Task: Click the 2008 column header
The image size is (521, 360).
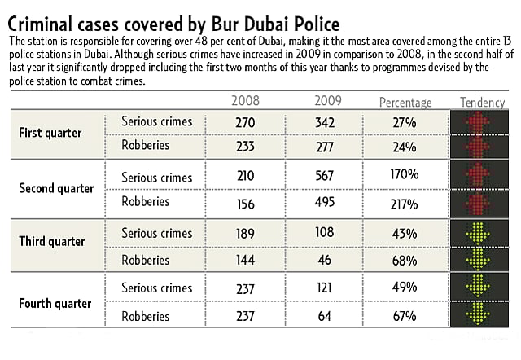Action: click(x=246, y=102)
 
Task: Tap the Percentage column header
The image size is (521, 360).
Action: click(x=405, y=103)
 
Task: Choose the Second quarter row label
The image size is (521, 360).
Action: click(x=56, y=188)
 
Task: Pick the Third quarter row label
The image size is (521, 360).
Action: click(x=52, y=242)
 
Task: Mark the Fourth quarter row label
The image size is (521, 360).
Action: click(x=55, y=303)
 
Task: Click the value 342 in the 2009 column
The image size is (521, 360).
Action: click(x=326, y=122)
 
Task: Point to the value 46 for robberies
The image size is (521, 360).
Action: click(x=326, y=261)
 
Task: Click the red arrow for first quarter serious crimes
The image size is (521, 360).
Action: click(x=479, y=122)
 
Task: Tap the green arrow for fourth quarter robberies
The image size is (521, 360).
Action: click(x=479, y=314)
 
